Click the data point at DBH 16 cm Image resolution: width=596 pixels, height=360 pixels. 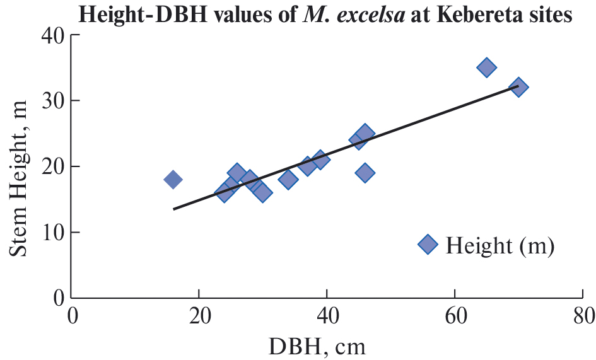(173, 180)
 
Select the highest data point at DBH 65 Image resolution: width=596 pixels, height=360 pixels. (486, 67)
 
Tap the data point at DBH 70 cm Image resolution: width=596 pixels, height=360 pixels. (518, 88)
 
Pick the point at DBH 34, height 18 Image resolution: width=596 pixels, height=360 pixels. (288, 180)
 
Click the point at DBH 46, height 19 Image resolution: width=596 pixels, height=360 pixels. (365, 173)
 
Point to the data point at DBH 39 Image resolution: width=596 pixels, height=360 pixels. (320, 160)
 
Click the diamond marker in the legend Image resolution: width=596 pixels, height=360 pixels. (428, 245)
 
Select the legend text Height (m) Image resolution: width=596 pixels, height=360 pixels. (500, 245)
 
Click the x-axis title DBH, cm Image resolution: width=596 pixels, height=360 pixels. (326, 346)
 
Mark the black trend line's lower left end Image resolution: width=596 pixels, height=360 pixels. (174, 209)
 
